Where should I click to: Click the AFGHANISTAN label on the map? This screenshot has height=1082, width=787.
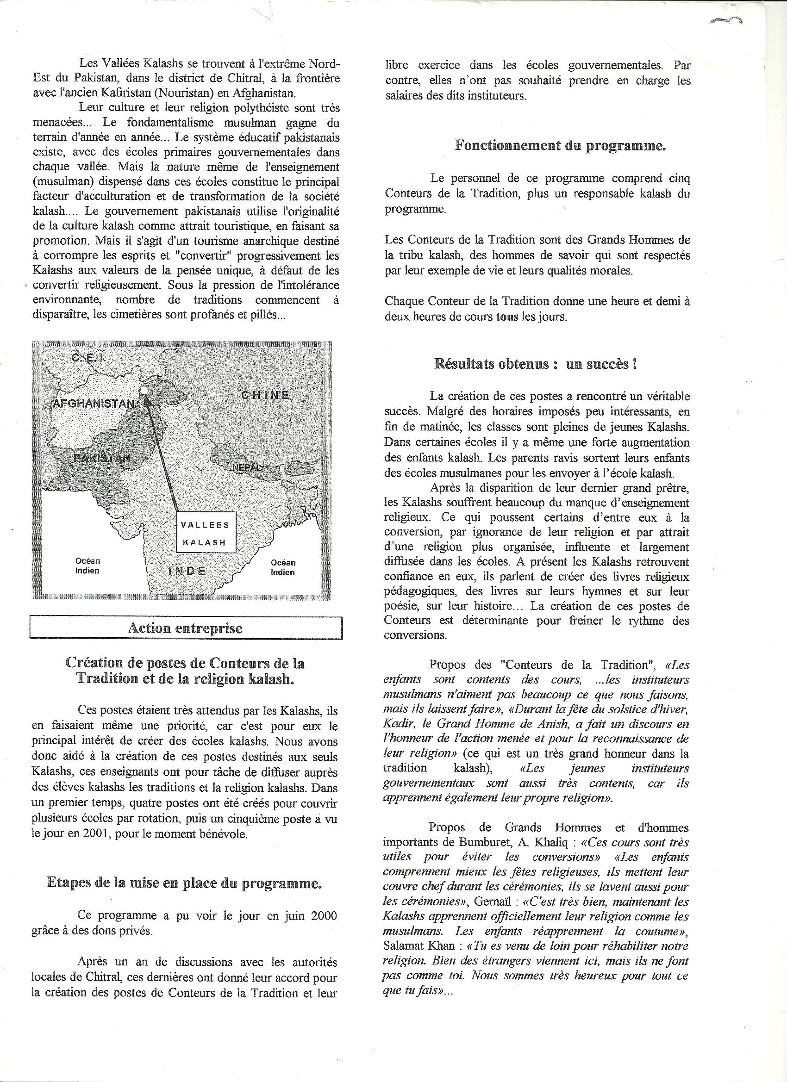pos(93,403)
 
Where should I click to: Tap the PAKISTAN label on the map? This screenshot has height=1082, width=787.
pos(101,458)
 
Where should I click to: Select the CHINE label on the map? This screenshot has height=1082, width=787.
pos(265,395)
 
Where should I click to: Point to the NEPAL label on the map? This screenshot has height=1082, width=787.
pos(247,467)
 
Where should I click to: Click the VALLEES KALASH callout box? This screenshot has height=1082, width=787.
pos(206,532)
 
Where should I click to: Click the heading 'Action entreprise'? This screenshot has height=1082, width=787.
pos(185,628)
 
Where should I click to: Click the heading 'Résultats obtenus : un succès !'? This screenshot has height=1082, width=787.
pos(537,364)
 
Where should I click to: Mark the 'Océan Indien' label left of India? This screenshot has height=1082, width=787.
pos(87,566)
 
